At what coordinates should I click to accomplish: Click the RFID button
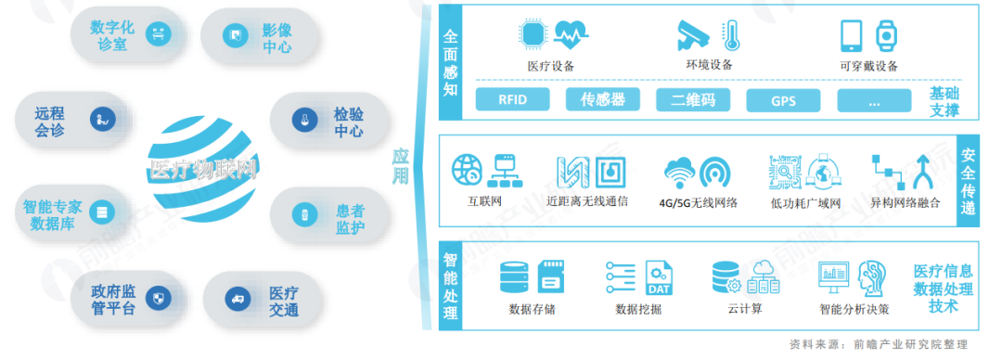512,100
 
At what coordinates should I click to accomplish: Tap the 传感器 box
603,100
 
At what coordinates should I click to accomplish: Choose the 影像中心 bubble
261,36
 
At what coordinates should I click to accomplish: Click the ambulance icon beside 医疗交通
237,298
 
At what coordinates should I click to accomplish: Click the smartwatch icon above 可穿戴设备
887,35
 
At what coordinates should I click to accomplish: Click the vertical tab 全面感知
452,65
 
